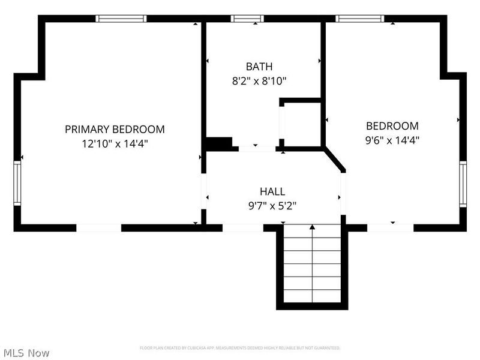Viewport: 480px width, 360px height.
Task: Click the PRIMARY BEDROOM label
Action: click(115, 129)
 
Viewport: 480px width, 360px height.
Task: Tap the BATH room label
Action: click(259, 66)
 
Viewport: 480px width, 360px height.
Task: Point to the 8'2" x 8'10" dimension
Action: click(259, 80)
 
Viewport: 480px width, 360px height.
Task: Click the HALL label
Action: click(272, 191)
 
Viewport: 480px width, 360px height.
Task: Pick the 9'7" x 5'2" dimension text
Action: click(272, 205)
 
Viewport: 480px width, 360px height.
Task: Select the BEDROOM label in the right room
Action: click(392, 126)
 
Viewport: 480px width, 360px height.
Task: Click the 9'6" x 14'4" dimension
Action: click(392, 140)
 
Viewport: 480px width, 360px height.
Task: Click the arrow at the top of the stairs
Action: click(311, 227)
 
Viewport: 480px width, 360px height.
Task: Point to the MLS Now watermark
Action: click(27, 353)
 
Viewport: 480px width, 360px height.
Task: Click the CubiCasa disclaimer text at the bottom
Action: click(240, 348)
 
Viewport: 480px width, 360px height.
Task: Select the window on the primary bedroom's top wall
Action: click(122, 19)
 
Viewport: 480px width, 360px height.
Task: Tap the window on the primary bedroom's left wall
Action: click(18, 184)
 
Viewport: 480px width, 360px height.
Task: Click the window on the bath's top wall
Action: click(248, 19)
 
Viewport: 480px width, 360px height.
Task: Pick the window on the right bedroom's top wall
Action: click(360, 19)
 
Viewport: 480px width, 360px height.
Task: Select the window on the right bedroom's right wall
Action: click(463, 184)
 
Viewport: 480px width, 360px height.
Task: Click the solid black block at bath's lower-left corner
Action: click(220, 144)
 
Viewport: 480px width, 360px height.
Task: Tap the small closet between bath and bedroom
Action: click(301, 124)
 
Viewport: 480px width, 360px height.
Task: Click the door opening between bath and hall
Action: click(256, 148)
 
